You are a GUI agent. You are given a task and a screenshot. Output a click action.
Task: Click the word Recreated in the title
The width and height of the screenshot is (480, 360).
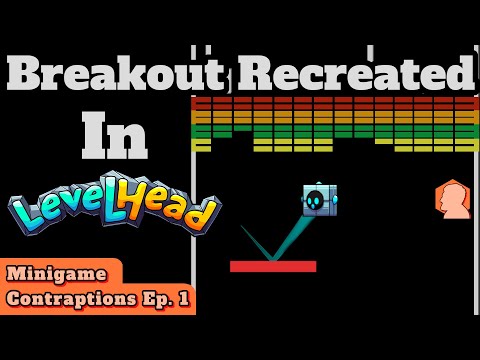pyautogui.click(x=350, y=72)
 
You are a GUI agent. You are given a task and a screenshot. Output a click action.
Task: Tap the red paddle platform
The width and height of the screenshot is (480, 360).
pyautogui.click(x=273, y=266)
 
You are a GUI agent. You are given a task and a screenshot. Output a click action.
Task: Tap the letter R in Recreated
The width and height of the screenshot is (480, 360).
pyautogui.click(x=250, y=72)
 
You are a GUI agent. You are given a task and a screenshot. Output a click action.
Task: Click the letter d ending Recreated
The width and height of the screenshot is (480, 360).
pyautogui.click(x=456, y=72)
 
